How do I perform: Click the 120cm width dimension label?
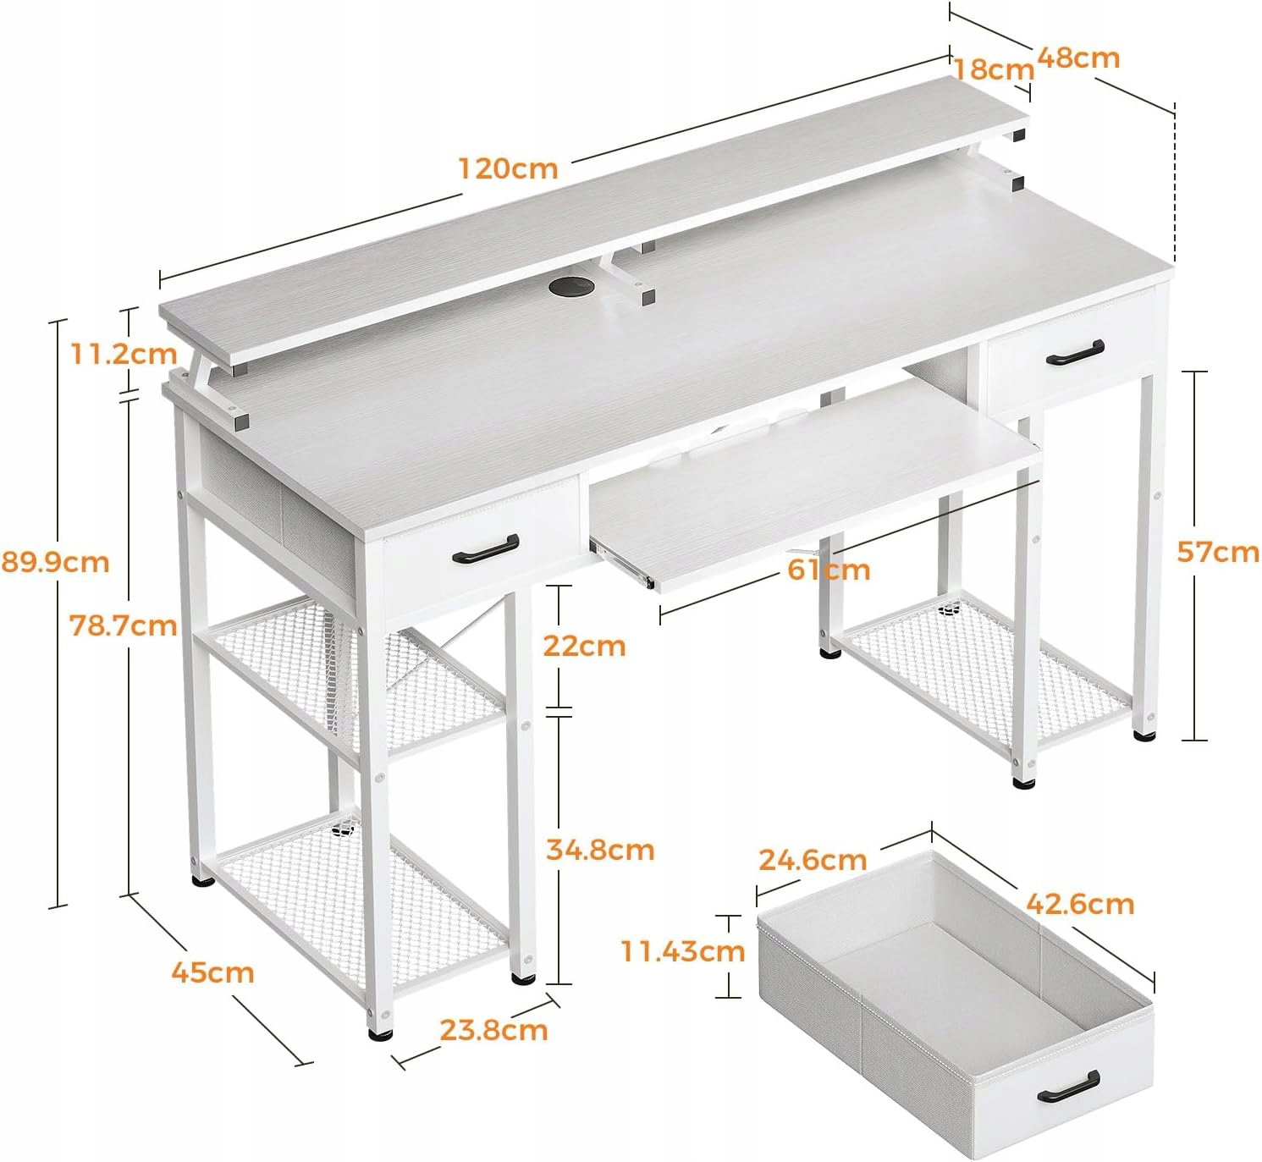click(509, 168)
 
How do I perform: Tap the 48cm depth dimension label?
click(1078, 58)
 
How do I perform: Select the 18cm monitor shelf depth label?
click(994, 69)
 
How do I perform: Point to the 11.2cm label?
click(124, 355)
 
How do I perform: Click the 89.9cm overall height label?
click(55, 562)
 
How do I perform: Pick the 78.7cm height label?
click(124, 626)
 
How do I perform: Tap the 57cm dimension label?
click(1218, 553)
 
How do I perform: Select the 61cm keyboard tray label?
click(829, 570)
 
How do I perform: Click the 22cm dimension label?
click(584, 646)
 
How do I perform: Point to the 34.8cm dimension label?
click(600, 850)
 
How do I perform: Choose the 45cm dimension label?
click(212, 972)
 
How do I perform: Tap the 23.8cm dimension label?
click(493, 1030)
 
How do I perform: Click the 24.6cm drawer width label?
click(813, 859)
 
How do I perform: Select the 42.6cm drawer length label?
click(1080, 904)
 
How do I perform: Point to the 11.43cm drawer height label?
click(683, 950)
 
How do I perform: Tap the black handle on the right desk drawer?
click(1075, 352)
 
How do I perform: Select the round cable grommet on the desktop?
click(570, 287)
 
